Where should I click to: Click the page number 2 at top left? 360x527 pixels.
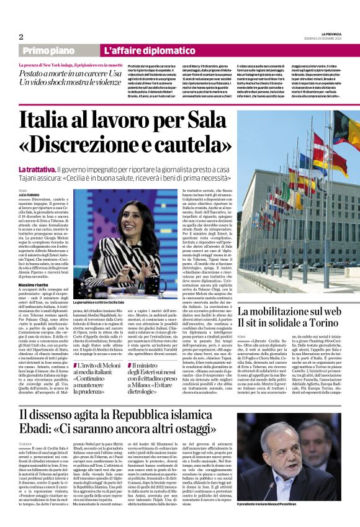[21, 36]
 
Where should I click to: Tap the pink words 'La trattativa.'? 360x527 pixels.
[38, 169]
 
